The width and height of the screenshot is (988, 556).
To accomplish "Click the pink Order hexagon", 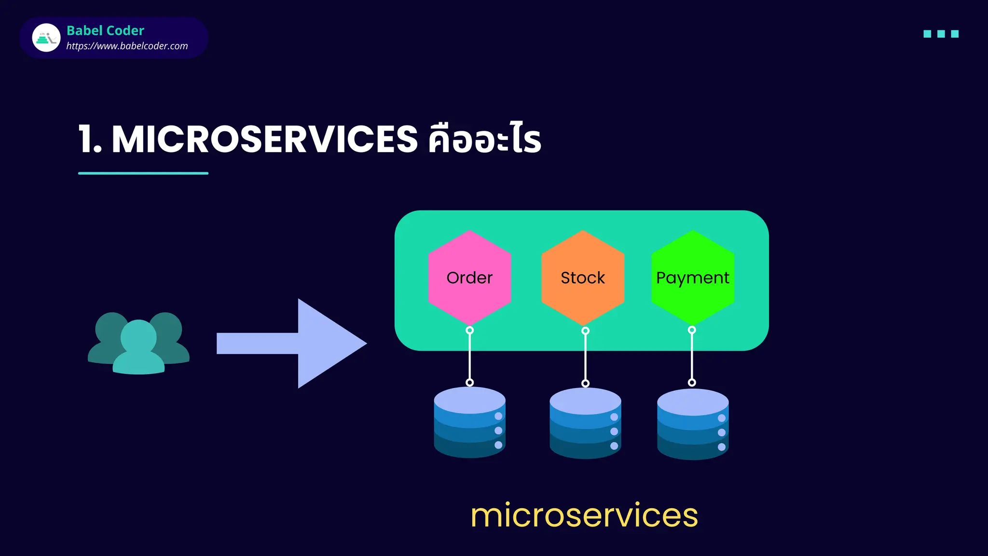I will tap(469, 278).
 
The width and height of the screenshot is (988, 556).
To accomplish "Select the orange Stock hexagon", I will tap(583, 278).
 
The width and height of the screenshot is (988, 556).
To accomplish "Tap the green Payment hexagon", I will tap(693, 278).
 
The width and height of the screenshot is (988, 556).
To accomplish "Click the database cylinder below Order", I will tap(469, 422).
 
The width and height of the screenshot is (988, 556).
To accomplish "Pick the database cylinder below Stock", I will tap(585, 423).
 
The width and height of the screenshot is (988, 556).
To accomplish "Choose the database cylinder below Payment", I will tap(693, 424).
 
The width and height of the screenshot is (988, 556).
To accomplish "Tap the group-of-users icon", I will tap(138, 343).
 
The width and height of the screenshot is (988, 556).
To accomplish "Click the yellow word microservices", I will tap(584, 515).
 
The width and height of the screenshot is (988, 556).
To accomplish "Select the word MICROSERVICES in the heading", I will tap(264, 139).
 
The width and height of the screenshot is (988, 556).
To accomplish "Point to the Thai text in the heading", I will tap(484, 139).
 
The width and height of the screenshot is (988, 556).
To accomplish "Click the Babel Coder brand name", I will tap(105, 30).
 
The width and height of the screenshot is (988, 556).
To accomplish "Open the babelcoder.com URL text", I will tap(127, 46).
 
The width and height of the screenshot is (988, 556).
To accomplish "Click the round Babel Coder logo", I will tap(46, 38).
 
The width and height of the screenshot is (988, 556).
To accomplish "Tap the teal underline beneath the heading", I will tap(143, 173).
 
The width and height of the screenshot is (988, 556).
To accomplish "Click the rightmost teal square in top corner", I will tap(954, 34).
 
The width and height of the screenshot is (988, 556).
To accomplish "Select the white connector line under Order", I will tap(469, 356).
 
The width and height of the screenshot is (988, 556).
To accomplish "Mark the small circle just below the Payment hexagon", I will tap(692, 330).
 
